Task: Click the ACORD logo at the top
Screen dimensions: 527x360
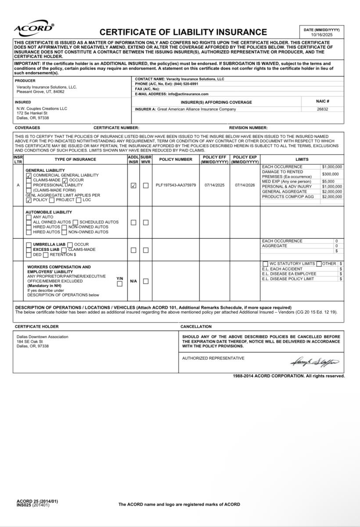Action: pos(34,28)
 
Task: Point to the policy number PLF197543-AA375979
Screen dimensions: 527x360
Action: pos(176,185)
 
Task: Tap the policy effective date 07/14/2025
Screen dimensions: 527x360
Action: pos(214,185)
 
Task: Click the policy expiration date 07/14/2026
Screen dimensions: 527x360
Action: pos(245,185)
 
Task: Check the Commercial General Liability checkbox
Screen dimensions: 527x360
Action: pos(29,176)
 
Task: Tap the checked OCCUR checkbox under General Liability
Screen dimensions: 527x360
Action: pos(65,180)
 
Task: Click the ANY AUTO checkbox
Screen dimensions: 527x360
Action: pos(29,217)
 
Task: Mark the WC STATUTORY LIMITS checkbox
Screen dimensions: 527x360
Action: pos(265,264)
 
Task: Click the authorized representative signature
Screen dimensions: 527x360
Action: pos(314,362)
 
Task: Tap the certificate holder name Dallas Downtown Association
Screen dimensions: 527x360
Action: pos(42,337)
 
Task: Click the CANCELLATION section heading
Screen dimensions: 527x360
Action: pos(196,327)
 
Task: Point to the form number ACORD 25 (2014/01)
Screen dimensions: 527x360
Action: pos(37,501)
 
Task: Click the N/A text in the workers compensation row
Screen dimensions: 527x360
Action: pos(133,281)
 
